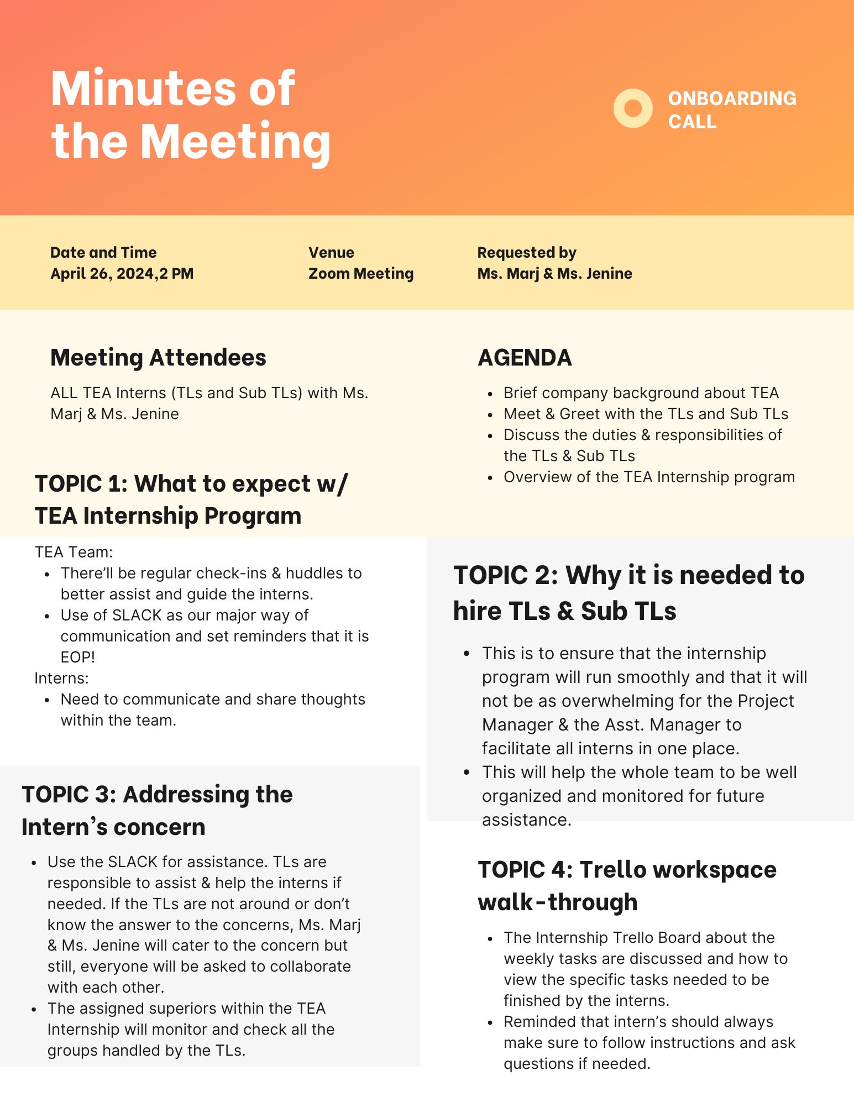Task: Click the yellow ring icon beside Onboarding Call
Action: click(x=633, y=108)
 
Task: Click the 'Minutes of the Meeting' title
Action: click(x=190, y=115)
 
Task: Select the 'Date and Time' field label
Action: click(x=103, y=253)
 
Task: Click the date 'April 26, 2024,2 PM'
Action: click(x=122, y=274)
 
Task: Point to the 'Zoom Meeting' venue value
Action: click(x=360, y=274)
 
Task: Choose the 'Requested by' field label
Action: click(x=526, y=253)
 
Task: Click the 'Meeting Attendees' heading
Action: click(x=158, y=358)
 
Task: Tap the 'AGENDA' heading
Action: click(x=525, y=358)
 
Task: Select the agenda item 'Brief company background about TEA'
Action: click(x=641, y=393)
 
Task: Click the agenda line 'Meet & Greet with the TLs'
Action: click(x=646, y=414)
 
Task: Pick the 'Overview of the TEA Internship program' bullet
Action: click(x=649, y=477)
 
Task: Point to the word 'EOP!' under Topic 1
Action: click(x=78, y=658)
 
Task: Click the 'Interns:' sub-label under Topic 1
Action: click(x=61, y=679)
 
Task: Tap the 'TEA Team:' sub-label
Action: click(x=74, y=552)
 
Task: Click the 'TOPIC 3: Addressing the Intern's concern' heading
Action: click(x=157, y=811)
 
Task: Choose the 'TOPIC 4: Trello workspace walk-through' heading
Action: click(x=627, y=886)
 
